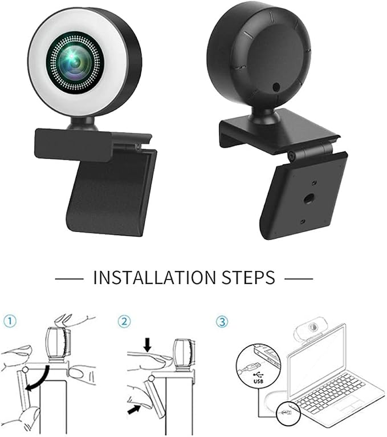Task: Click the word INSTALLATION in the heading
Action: (x=154, y=277)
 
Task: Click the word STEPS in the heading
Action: (x=249, y=277)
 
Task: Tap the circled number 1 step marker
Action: (x=10, y=321)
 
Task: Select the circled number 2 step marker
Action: (x=124, y=321)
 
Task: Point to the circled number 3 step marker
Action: (x=222, y=321)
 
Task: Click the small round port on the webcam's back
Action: (x=276, y=87)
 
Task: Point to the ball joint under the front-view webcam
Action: (x=83, y=123)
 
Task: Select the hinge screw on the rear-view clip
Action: (x=291, y=156)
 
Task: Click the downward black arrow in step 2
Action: (x=148, y=345)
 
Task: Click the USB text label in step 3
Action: (x=258, y=381)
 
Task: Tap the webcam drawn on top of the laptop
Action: (x=310, y=330)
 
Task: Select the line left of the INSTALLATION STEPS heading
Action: (x=69, y=278)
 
